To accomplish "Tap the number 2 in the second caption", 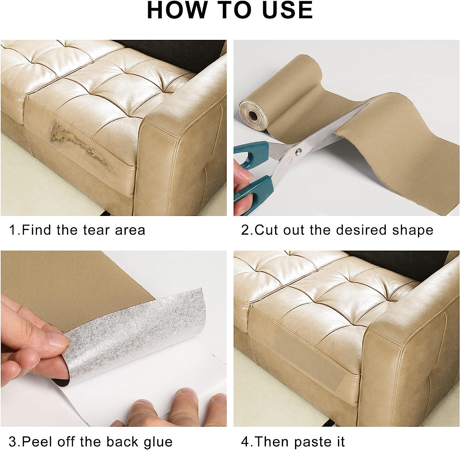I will pos(245,230).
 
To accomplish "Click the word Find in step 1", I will pos(38,230).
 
